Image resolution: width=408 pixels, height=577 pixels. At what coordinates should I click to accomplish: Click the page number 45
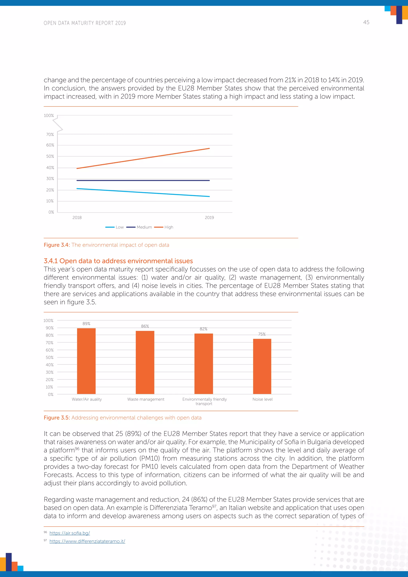[366, 22]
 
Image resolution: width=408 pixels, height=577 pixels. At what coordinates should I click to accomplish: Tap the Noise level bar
[262, 366]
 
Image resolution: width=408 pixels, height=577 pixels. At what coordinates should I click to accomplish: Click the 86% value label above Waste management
[145, 326]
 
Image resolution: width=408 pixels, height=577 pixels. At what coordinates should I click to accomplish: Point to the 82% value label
[203, 329]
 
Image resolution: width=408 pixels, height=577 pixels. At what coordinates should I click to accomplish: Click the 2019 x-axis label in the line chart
[209, 218]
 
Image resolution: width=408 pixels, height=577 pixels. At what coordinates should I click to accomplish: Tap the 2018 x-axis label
[77, 218]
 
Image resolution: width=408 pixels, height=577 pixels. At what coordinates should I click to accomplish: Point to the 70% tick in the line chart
[50, 134]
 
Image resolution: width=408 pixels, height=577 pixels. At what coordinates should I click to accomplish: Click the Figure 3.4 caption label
[57, 245]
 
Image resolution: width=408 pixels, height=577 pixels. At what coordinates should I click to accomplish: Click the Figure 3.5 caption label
[57, 418]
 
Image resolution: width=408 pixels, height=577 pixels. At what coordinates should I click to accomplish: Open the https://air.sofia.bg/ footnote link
[70, 533]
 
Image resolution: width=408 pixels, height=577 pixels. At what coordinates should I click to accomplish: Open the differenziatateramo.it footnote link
[87, 541]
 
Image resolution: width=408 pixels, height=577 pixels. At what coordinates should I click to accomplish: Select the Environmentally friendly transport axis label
[204, 401]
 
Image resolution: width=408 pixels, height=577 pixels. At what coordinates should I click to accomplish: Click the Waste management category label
[146, 399]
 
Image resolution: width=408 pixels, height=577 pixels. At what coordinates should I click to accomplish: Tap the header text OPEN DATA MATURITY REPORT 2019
[85, 23]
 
